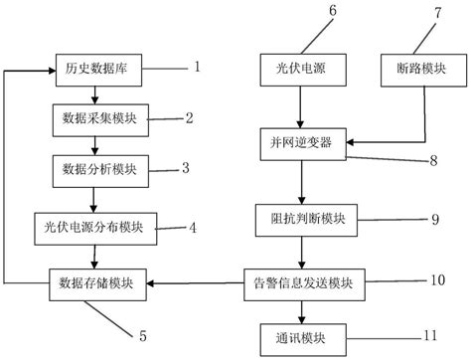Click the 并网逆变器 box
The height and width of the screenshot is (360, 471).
point(302,143)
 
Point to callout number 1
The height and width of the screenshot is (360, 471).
point(197,68)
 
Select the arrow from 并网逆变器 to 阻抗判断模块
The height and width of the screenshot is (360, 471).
point(302,181)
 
